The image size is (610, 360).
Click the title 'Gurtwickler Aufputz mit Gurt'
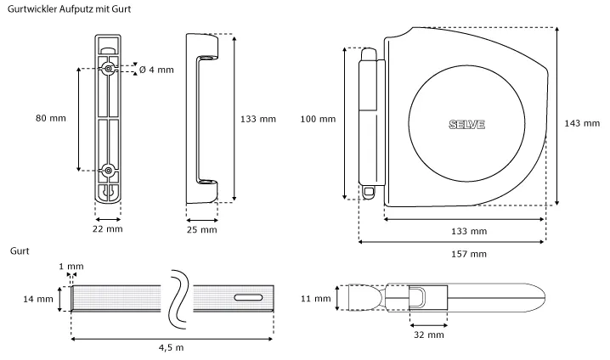[x=69, y=8]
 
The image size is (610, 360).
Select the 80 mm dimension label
[x=51, y=117]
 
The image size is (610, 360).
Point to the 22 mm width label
[x=107, y=228]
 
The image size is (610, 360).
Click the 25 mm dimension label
[x=201, y=229]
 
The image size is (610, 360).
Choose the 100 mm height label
[x=317, y=119]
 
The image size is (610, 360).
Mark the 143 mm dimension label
[x=582, y=123]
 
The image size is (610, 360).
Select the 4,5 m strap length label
[x=172, y=347]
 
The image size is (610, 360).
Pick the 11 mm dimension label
[x=316, y=299]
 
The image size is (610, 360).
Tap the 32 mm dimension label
[x=429, y=335]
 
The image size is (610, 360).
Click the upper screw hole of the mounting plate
[x=109, y=68]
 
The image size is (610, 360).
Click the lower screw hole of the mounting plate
[x=109, y=171]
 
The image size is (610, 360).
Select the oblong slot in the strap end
[x=246, y=297]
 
